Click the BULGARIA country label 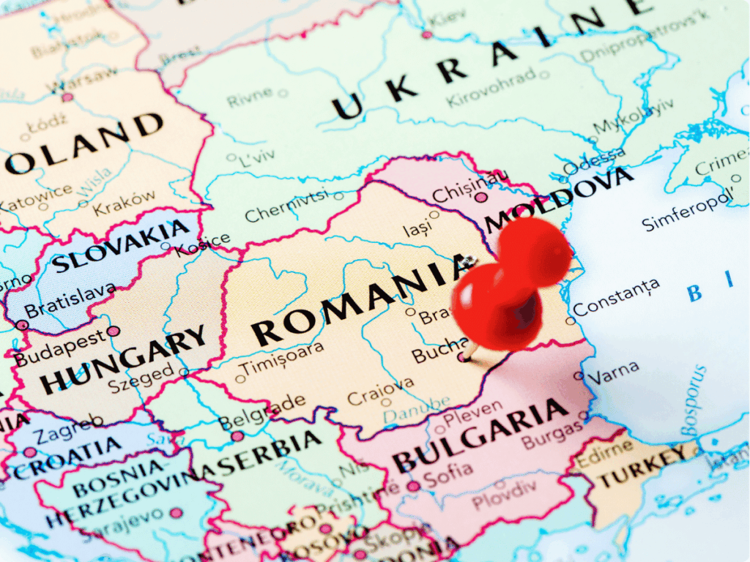(x=480, y=436)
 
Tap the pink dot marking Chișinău (x=480, y=197)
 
